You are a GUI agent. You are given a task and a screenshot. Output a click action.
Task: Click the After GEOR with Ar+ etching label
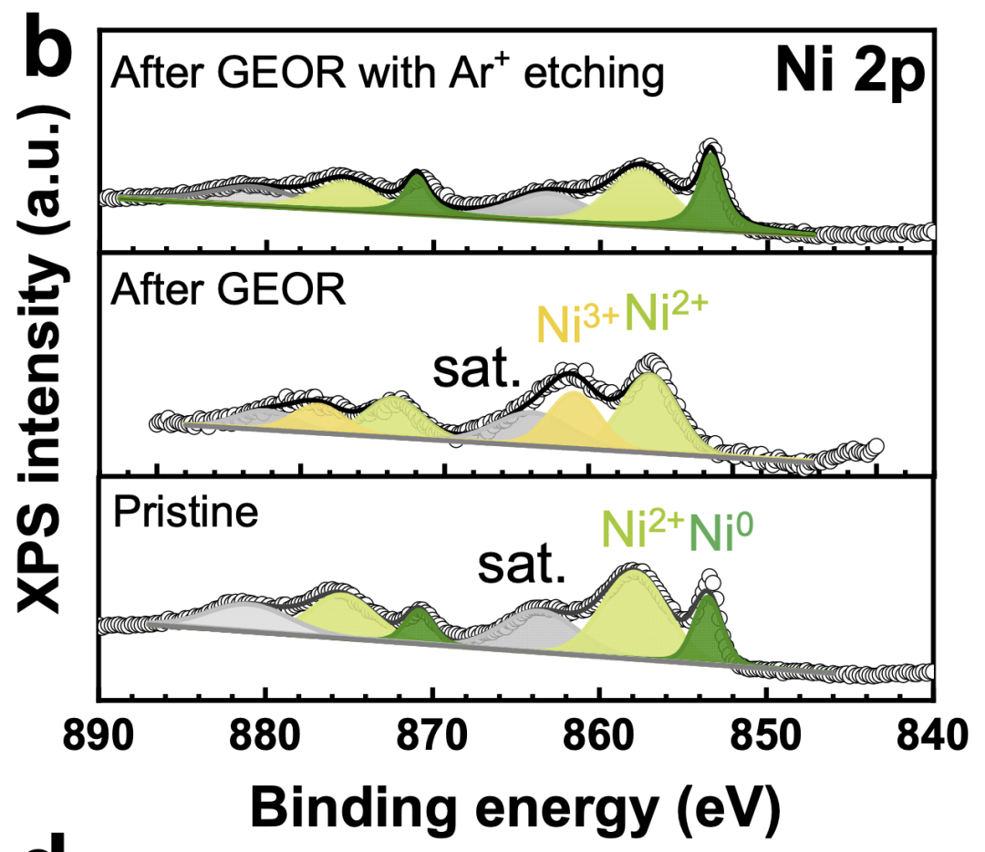386,74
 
